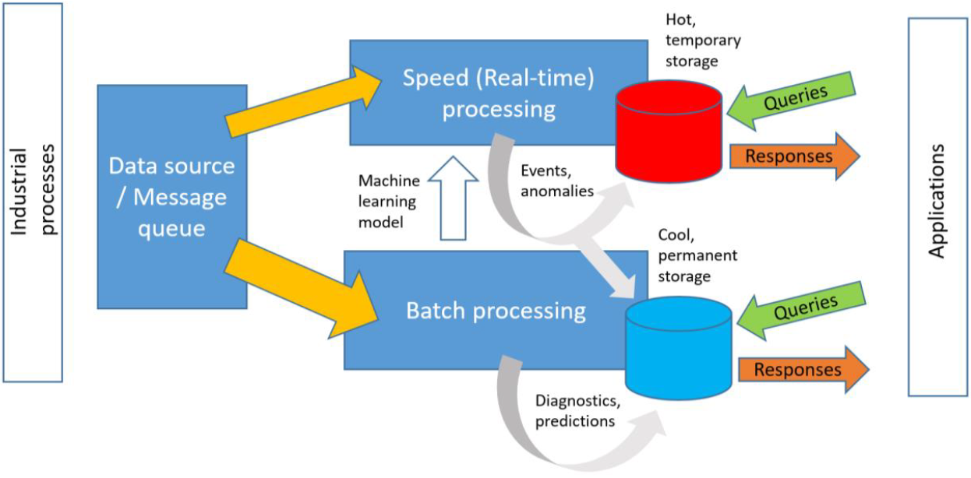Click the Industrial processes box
point(33,192)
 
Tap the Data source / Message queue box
point(171,197)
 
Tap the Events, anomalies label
point(557,181)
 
